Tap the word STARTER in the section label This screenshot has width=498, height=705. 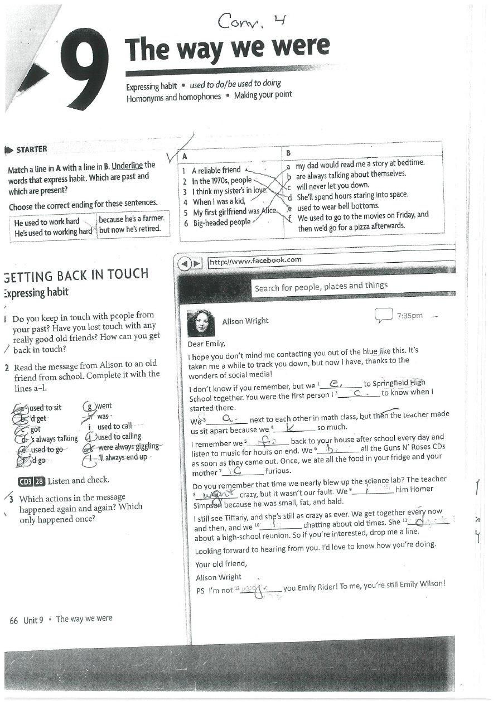point(32,149)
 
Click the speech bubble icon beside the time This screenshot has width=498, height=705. point(384,316)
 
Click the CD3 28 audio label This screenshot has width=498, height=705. point(31,480)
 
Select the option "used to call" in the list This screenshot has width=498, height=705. point(115,427)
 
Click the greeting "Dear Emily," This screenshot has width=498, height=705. point(206,344)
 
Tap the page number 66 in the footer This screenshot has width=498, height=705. point(14,620)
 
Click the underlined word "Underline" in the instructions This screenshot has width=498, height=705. point(127,166)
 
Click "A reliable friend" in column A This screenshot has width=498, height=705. point(216,170)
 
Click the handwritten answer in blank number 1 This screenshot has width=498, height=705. point(336,383)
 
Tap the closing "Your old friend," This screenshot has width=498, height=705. point(220,564)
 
